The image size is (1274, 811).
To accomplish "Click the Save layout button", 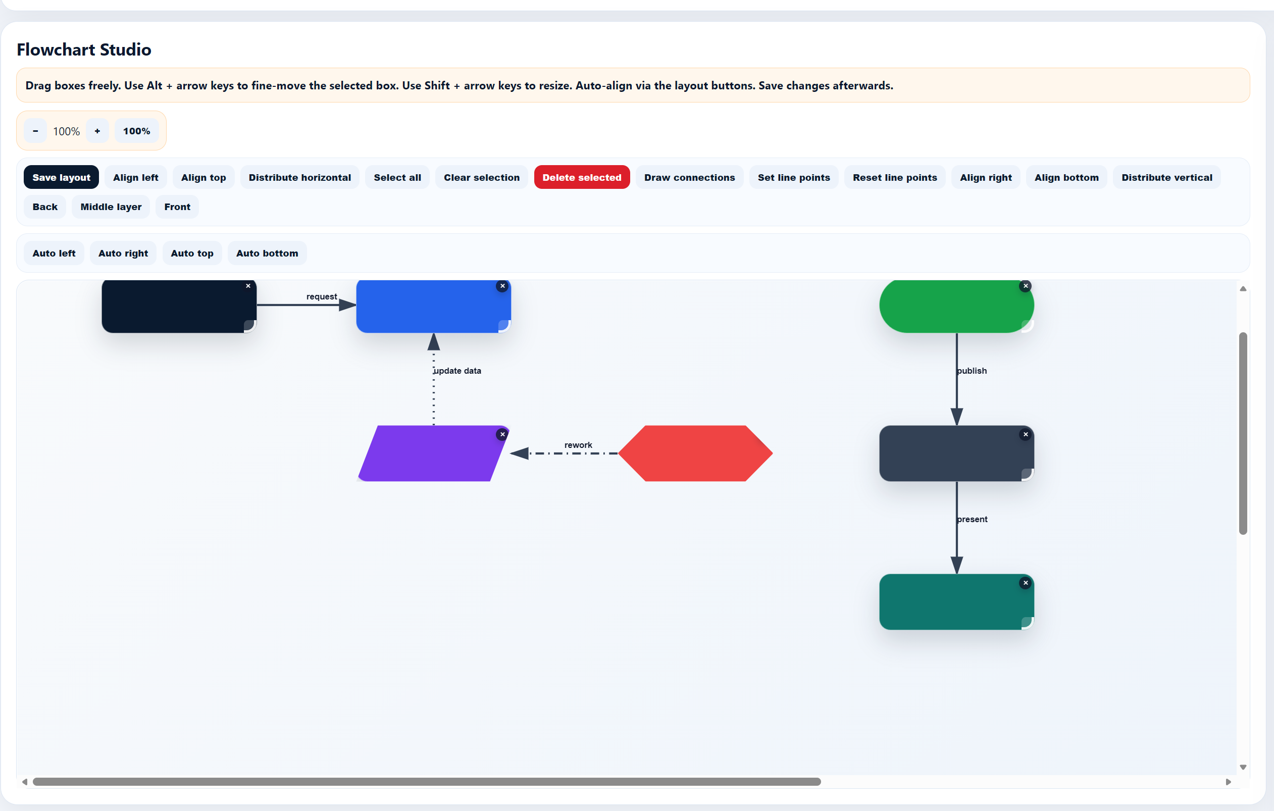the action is pyautogui.click(x=62, y=177).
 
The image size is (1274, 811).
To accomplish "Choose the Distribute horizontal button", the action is pyautogui.click(x=299, y=177).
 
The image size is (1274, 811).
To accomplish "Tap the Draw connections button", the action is pyautogui.click(x=689, y=177).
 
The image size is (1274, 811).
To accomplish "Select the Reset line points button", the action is pyautogui.click(x=895, y=177).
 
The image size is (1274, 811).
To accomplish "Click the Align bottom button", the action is pyautogui.click(x=1066, y=177).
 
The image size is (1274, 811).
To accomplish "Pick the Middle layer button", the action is pyautogui.click(x=111, y=207).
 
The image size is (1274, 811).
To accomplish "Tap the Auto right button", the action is pyautogui.click(x=123, y=254).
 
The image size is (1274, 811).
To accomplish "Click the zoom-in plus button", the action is pyautogui.click(x=97, y=131).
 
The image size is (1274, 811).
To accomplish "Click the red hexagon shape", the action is pyautogui.click(x=695, y=453).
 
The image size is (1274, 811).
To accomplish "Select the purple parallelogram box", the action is pyautogui.click(x=433, y=453).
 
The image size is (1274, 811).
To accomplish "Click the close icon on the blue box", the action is pyautogui.click(x=502, y=286).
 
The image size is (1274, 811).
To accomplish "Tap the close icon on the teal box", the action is pyautogui.click(x=1026, y=583).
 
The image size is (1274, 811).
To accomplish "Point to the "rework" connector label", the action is pyautogui.click(x=578, y=445).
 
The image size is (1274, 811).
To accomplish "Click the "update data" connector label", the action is pyautogui.click(x=457, y=371).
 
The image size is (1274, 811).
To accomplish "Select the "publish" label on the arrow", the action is pyautogui.click(x=972, y=371).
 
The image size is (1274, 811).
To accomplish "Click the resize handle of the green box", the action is pyautogui.click(x=1027, y=326).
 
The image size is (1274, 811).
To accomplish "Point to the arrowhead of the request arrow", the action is pyautogui.click(x=347, y=305).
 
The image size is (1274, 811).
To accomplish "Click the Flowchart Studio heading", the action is pyautogui.click(x=84, y=49).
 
